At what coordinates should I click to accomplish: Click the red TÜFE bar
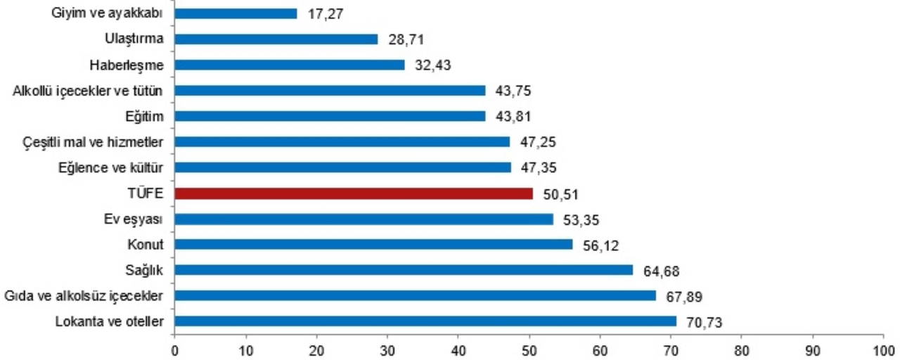(353, 193)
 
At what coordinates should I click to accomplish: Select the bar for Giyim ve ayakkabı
(236, 13)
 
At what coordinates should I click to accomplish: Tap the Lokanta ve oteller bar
(425, 321)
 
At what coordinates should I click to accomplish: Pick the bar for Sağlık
(404, 270)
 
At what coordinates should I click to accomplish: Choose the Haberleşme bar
(289, 65)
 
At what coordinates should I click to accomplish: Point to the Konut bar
(373, 244)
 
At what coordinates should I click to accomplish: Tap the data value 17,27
(326, 13)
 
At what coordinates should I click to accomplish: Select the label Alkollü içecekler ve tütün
(89, 91)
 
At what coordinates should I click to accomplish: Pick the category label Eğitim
(146, 116)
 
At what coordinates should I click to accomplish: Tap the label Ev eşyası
(134, 219)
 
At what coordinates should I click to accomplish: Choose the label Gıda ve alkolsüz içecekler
(84, 296)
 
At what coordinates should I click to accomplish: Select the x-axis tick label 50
(529, 349)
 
